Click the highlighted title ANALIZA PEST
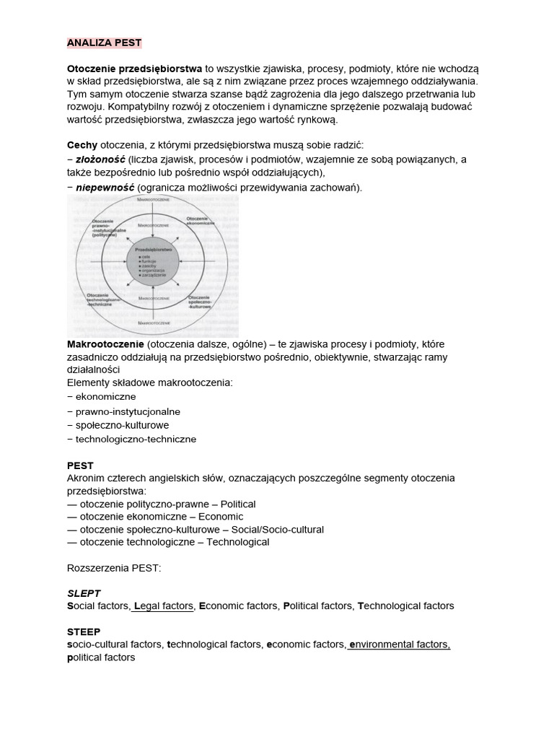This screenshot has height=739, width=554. pyautogui.click(x=104, y=43)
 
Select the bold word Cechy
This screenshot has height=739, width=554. pyautogui.click(x=82, y=145)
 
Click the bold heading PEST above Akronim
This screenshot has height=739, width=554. pyautogui.click(x=80, y=466)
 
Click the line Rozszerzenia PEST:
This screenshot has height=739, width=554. pyautogui.click(x=114, y=568)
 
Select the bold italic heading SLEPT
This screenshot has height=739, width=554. pyautogui.click(x=84, y=593)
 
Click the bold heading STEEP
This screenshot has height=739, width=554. pyautogui.click(x=84, y=631)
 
